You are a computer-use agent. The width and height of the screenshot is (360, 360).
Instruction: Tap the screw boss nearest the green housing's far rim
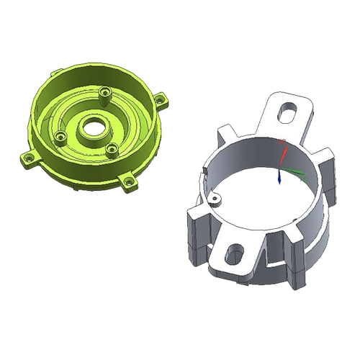pos(106,93)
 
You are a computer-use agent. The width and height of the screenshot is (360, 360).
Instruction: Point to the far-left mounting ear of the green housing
pos(28,157)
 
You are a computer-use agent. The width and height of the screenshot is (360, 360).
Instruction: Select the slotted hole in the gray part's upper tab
pos(289,112)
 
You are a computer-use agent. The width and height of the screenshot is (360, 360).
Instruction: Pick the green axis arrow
pos(292,171)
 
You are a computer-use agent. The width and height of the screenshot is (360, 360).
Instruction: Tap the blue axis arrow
pos(279,178)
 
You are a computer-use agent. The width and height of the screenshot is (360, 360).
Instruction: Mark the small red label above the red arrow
pos(282,140)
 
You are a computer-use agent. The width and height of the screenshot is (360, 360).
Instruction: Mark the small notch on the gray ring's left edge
pos(204,171)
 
